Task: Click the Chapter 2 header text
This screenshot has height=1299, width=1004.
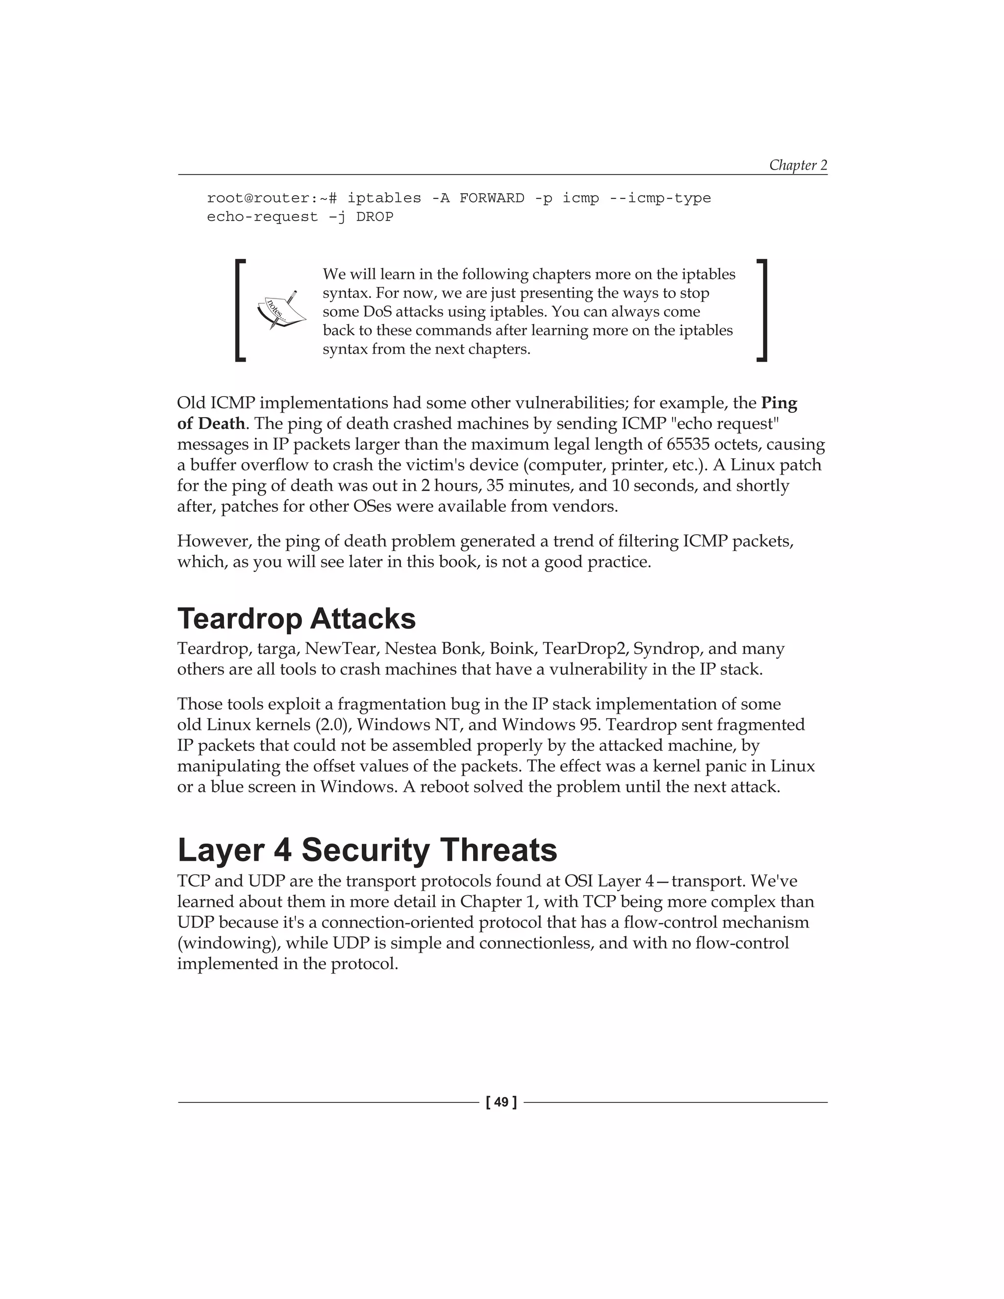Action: [798, 165]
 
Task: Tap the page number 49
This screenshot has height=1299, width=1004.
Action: [502, 1102]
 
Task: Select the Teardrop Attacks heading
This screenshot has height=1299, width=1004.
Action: [296, 619]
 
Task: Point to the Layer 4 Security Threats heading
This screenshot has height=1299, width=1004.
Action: [367, 850]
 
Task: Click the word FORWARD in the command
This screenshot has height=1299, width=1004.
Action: [491, 198]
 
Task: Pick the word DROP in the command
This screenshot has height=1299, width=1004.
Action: [375, 217]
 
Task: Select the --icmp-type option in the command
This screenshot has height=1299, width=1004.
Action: [660, 198]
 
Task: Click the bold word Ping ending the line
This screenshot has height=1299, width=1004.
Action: [779, 403]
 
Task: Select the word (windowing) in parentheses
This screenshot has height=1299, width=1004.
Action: [218, 943]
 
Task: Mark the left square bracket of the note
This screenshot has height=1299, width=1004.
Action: [240, 310]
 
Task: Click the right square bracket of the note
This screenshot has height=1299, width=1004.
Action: [762, 310]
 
